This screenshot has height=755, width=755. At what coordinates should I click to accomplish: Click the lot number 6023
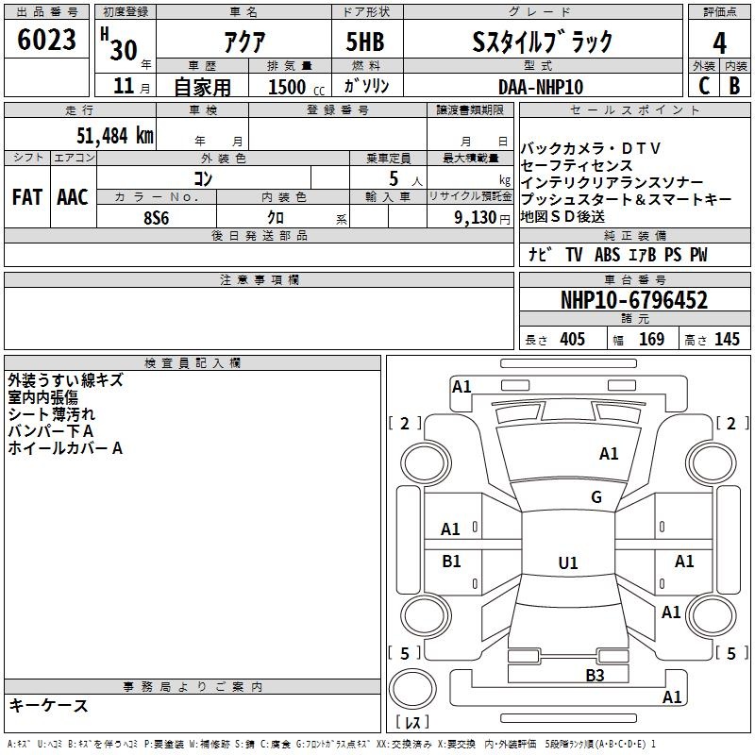click(x=46, y=40)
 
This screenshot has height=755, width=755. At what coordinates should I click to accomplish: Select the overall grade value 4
click(x=719, y=43)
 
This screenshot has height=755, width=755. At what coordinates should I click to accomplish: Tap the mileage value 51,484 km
click(x=115, y=136)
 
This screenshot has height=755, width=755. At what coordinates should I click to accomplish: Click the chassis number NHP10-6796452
click(x=634, y=300)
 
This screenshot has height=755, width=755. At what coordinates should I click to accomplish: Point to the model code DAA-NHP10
click(x=541, y=87)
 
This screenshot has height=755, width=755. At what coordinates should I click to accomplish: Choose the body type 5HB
click(x=365, y=42)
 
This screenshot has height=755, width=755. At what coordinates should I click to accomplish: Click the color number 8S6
click(x=157, y=218)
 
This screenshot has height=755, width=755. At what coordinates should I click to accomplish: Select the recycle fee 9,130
click(x=476, y=218)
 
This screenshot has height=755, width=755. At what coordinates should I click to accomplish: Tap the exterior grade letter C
click(x=704, y=86)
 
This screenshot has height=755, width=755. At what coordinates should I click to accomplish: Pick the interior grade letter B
click(x=734, y=86)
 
